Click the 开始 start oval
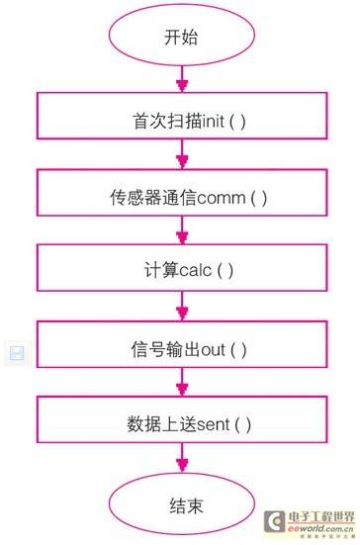[181, 39]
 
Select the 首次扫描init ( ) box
[182, 120]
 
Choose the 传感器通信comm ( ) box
[182, 196]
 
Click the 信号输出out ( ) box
[182, 348]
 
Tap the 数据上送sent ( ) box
[182, 423]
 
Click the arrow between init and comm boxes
[181, 158]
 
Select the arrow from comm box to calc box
[181, 234]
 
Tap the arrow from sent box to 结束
[181, 460]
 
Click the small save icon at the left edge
[16, 353]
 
